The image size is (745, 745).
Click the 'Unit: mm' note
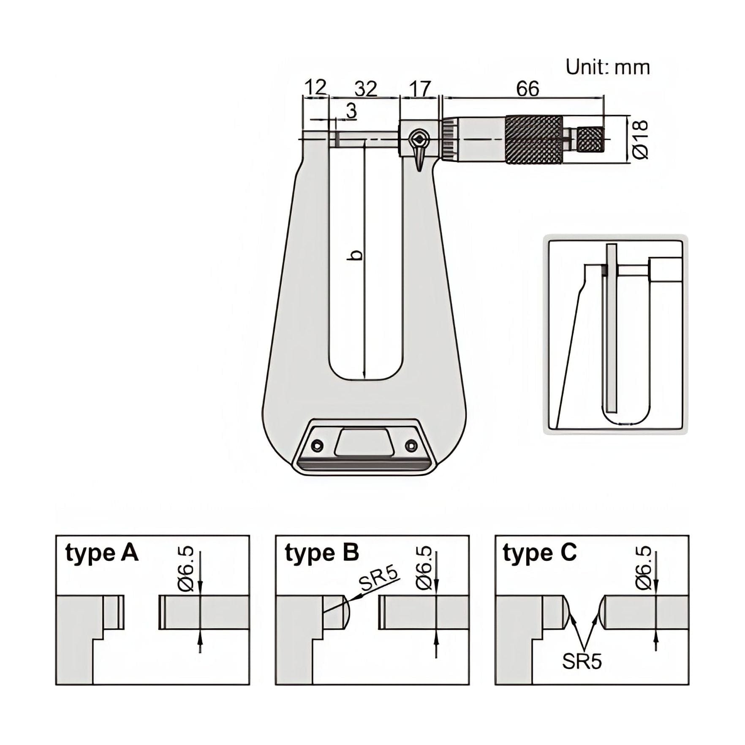click(x=607, y=68)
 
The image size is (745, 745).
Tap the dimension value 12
click(x=315, y=88)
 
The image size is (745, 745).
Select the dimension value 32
click(x=365, y=89)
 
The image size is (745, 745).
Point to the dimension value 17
click(x=419, y=89)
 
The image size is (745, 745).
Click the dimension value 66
click(x=527, y=89)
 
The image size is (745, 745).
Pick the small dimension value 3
click(x=351, y=111)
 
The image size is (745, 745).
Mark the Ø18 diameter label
click(x=640, y=139)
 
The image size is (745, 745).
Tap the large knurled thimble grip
click(x=534, y=139)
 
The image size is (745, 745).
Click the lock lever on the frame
click(x=419, y=150)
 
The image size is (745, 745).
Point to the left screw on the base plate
click(x=318, y=445)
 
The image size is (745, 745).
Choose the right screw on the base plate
click(x=410, y=445)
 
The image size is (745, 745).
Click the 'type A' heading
click(x=102, y=553)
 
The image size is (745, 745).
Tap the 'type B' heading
click(x=321, y=553)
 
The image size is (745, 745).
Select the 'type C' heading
click(x=539, y=553)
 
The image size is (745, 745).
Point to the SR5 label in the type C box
click(x=582, y=661)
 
